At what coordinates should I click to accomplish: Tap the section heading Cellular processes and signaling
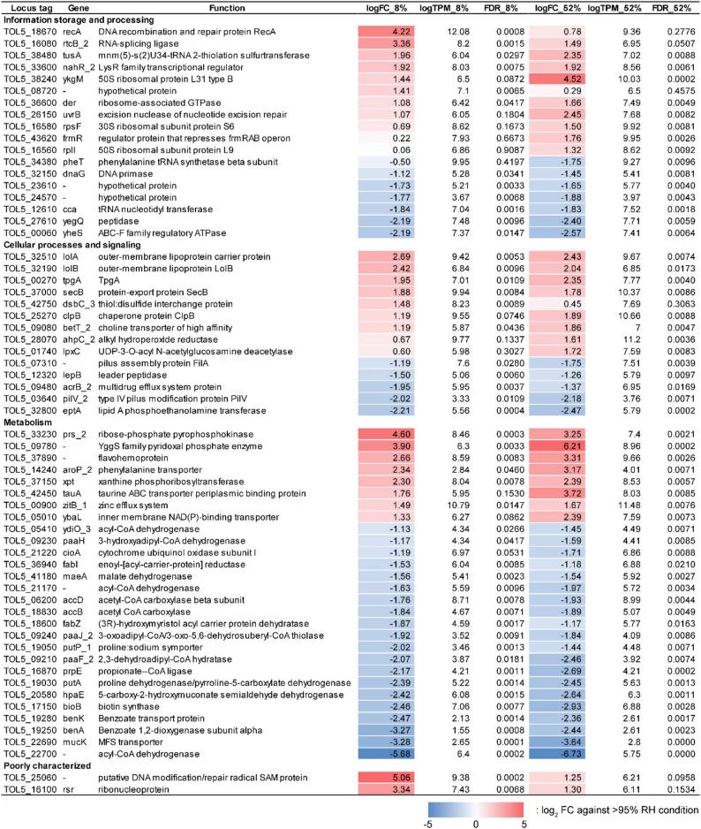coord(72,245)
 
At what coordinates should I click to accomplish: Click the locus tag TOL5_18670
coord(30,32)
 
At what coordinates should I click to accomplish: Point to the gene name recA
coord(72,32)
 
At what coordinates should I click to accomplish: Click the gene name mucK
coord(74,742)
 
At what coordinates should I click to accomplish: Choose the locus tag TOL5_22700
coord(30,754)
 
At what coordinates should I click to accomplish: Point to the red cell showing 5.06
coord(386,778)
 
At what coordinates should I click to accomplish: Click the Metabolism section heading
coord(28,422)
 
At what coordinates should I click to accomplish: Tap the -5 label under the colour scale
coord(428,824)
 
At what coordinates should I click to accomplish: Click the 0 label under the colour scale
coord(476,824)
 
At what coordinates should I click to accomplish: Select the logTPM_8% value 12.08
coord(458,32)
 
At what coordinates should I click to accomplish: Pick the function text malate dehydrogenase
coord(146,577)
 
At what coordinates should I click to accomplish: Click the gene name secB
coord(73,293)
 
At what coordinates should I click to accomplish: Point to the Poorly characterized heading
coord(47,766)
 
